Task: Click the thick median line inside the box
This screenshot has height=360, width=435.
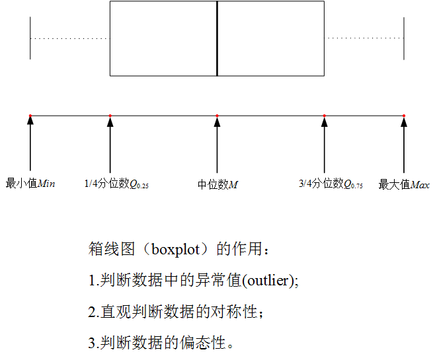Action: [x=217, y=38]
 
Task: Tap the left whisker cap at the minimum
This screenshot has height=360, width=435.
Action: [x=30, y=38]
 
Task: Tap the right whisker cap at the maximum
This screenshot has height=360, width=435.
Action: [x=404, y=38]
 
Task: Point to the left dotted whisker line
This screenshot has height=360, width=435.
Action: [x=69, y=38]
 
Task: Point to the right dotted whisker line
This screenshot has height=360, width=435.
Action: [x=364, y=38]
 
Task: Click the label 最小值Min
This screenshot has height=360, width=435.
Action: [x=30, y=183]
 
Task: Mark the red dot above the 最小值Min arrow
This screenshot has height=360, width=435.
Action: [x=30, y=116]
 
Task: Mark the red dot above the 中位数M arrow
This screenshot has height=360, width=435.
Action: [x=217, y=116]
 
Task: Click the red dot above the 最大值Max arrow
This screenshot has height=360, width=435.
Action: [x=404, y=116]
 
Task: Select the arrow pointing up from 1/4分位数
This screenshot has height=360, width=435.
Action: [x=110, y=145]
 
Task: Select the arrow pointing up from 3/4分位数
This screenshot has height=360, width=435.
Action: [x=325, y=145]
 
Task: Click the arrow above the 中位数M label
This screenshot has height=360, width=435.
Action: [x=217, y=145]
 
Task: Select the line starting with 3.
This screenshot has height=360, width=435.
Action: [x=161, y=343]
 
